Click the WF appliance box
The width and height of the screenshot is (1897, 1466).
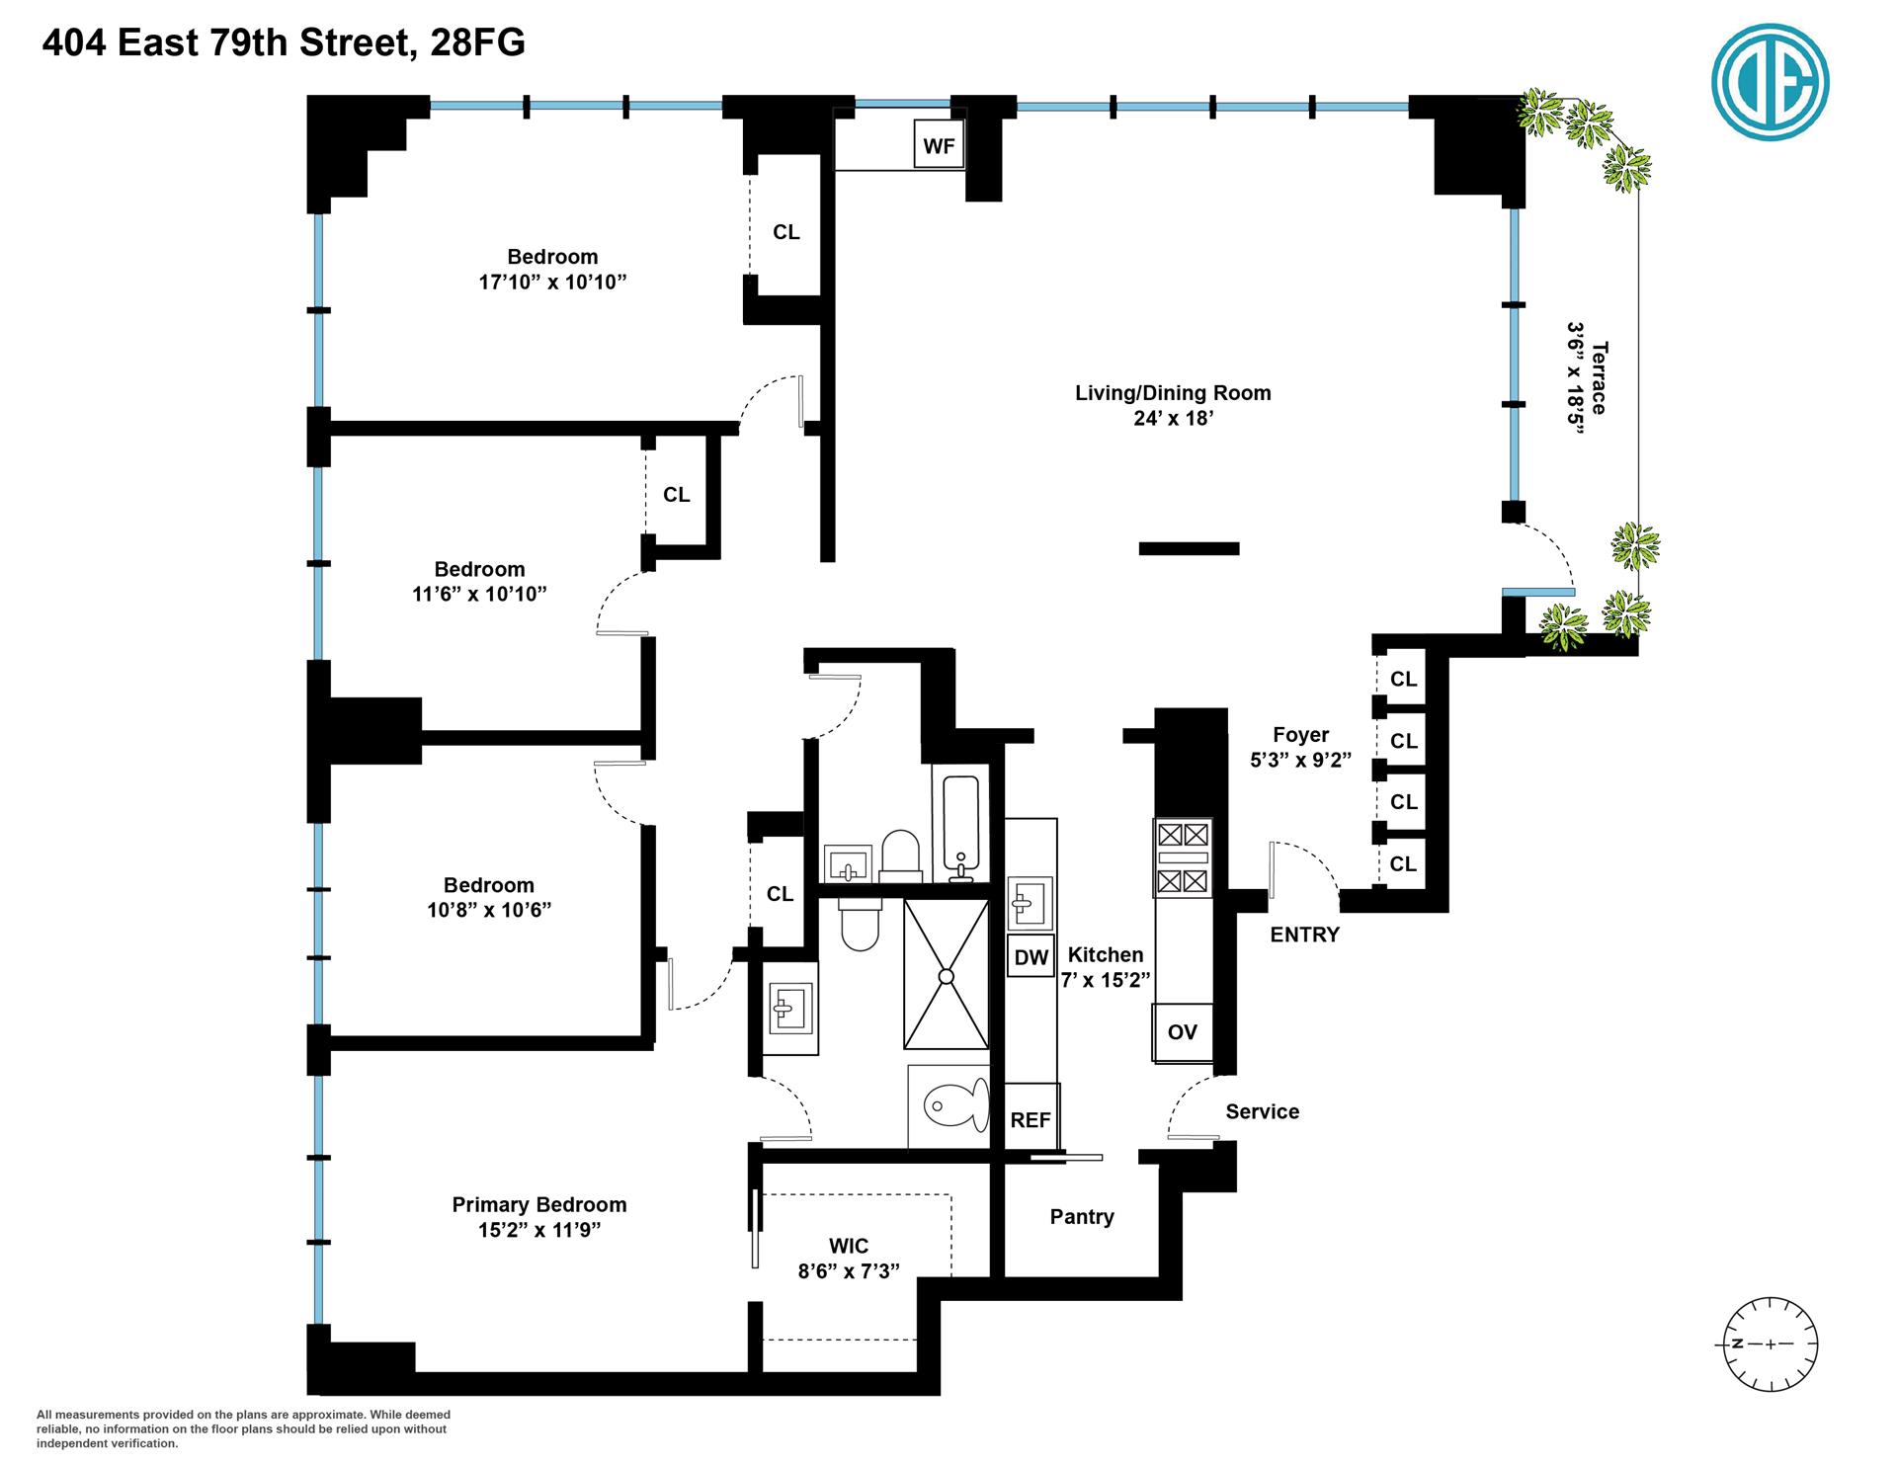click(x=939, y=146)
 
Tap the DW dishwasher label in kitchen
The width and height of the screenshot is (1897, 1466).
click(x=1031, y=957)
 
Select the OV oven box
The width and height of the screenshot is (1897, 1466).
click(x=1182, y=1032)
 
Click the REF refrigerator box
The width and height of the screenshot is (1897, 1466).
click(x=1031, y=1119)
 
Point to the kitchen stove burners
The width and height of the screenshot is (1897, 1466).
click(x=1183, y=857)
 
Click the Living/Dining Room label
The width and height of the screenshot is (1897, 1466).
click(x=1173, y=393)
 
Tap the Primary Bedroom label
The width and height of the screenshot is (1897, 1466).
click(x=538, y=1204)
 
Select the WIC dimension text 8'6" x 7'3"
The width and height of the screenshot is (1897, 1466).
click(x=849, y=1271)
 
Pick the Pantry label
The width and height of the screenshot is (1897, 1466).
click(x=1082, y=1217)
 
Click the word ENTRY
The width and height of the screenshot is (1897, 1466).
click(x=1304, y=935)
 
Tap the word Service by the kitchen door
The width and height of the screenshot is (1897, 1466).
click(x=1262, y=1111)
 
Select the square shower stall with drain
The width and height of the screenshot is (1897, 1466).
click(x=946, y=974)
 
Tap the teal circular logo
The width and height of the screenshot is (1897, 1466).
click(x=1770, y=82)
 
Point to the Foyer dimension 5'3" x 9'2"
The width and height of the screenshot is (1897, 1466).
click(x=1300, y=760)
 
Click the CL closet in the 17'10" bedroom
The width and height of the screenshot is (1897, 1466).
click(x=785, y=232)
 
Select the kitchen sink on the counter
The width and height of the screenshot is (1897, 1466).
click(x=1029, y=903)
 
